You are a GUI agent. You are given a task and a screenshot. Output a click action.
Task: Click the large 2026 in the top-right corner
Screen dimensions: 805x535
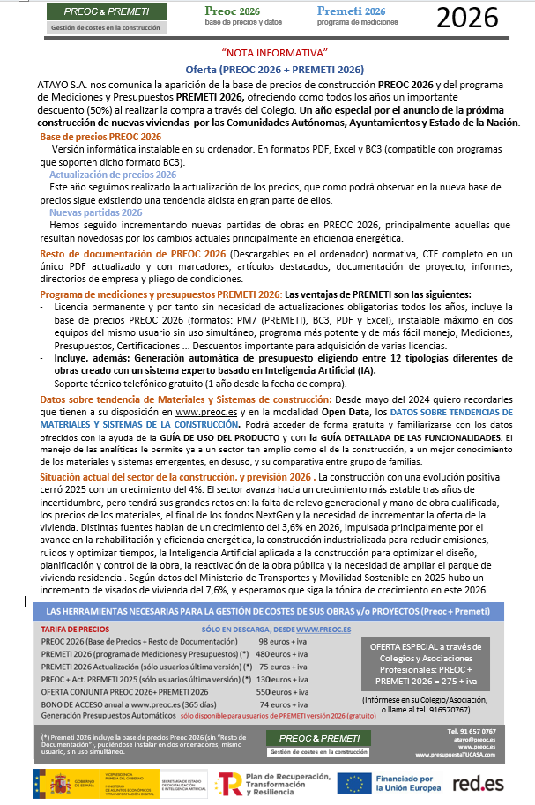click(x=479, y=17)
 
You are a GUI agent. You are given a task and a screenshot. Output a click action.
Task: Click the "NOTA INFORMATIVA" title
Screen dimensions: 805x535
click(x=275, y=54)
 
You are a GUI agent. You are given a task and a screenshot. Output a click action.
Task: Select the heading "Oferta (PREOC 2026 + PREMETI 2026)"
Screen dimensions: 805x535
click(x=275, y=69)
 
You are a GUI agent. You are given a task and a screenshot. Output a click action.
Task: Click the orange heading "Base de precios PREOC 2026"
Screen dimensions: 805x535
click(x=100, y=137)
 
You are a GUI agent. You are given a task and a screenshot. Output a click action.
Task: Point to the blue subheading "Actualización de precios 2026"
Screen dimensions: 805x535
click(x=113, y=175)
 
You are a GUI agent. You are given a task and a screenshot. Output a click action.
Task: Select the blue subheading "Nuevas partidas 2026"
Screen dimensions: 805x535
click(x=95, y=212)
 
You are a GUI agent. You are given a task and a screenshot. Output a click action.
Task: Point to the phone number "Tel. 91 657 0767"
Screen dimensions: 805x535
click(x=471, y=731)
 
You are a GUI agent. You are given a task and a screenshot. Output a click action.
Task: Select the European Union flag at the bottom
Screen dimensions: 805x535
click(x=355, y=783)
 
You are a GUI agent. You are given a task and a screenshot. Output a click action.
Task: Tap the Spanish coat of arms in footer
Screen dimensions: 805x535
click(x=56, y=783)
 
